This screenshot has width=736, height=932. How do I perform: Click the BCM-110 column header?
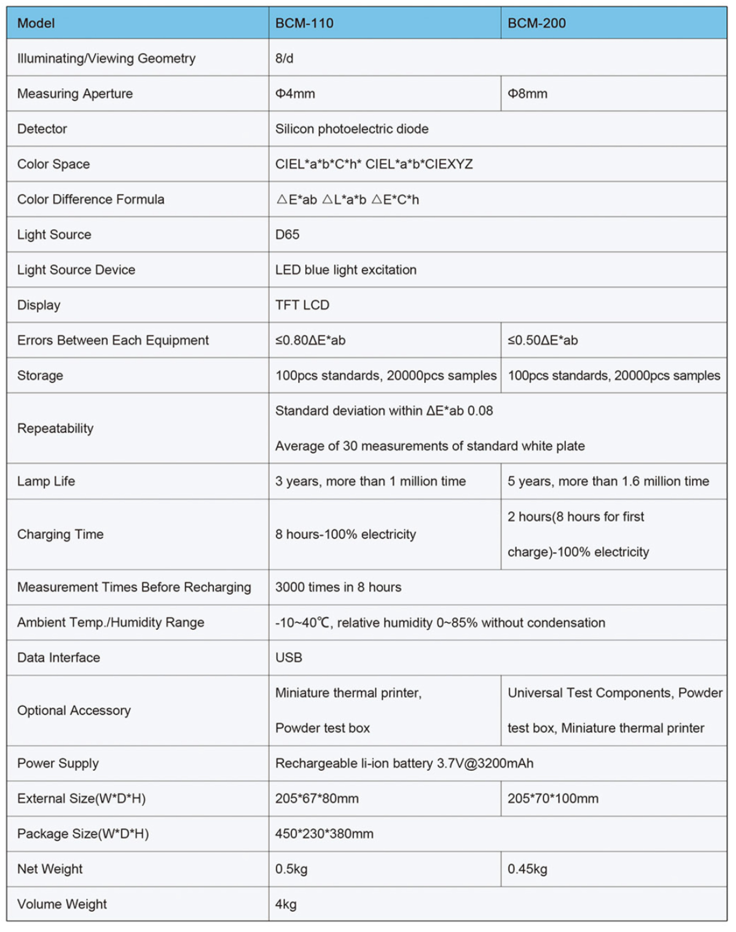coord(304,23)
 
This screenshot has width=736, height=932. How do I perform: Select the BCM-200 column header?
coord(536,23)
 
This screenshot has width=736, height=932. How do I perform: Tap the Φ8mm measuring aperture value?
coord(527,94)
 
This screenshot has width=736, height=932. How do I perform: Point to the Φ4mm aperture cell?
coord(295,94)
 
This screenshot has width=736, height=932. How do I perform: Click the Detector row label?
coord(42,129)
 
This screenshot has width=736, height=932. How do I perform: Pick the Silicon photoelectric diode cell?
coord(352,129)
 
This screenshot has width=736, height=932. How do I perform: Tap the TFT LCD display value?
coord(302,305)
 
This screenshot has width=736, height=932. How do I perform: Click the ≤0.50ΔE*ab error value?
coord(543,341)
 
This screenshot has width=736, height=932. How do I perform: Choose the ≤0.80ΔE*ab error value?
coord(310,341)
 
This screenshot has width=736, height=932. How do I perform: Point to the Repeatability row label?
coord(55,428)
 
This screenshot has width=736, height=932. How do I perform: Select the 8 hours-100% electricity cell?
coord(346,535)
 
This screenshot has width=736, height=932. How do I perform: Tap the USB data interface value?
coord(289,658)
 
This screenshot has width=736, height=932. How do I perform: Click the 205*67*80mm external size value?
coord(317,799)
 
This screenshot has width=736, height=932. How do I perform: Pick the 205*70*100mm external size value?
coord(553,799)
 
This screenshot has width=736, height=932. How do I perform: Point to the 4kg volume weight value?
coord(286,904)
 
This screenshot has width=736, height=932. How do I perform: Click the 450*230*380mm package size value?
coord(324,834)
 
